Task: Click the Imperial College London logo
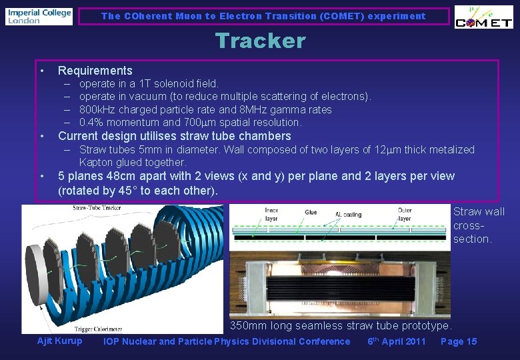(39, 16)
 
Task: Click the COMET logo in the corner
(483, 18)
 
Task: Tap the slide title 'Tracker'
(260, 41)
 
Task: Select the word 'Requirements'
(95, 71)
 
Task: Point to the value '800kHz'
(97, 109)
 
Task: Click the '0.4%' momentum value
(91, 122)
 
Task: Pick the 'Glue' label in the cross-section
(311, 212)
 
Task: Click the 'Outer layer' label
(405, 214)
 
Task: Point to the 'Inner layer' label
(273, 214)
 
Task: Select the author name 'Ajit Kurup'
(59, 341)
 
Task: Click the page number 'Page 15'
(459, 341)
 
